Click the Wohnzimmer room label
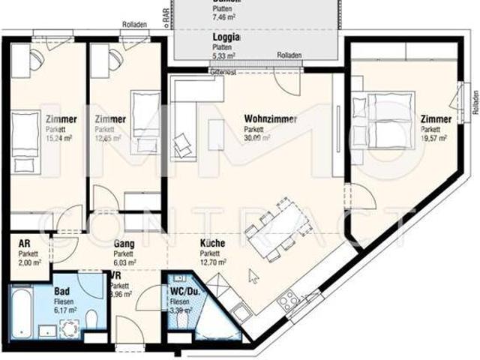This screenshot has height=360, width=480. [271, 119]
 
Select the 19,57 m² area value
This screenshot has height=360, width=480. [433, 138]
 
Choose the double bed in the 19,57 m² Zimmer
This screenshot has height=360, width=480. [385, 120]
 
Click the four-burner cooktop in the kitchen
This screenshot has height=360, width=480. [289, 301]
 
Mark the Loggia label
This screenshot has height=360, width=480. [226, 37]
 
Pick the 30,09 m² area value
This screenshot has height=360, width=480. [257, 138]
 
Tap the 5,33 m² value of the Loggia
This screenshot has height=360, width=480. [223, 55]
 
